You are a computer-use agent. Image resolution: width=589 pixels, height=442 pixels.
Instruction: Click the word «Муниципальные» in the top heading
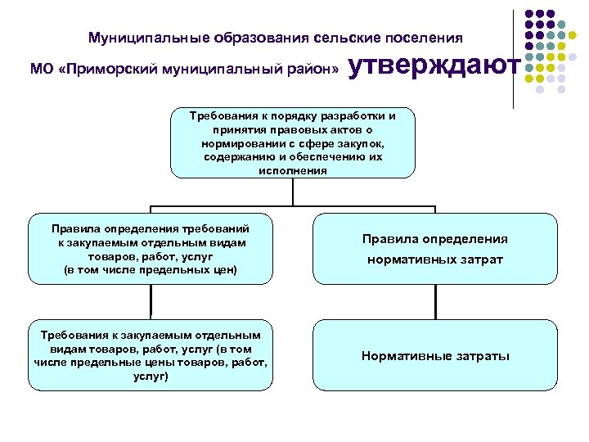click(x=149, y=38)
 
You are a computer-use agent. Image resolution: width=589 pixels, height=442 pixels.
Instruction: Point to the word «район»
click(x=311, y=70)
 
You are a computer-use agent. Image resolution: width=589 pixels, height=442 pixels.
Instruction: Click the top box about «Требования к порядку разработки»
click(x=293, y=142)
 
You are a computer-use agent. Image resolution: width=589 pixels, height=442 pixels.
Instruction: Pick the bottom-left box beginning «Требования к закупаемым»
click(x=151, y=355)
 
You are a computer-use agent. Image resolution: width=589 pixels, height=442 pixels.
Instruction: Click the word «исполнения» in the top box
click(x=293, y=171)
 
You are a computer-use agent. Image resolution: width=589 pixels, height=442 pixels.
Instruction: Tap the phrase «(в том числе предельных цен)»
click(x=151, y=269)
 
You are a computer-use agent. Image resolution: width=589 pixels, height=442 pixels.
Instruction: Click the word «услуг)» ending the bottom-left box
click(x=151, y=377)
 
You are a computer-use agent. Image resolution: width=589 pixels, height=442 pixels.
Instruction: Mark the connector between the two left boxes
click(x=151, y=302)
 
